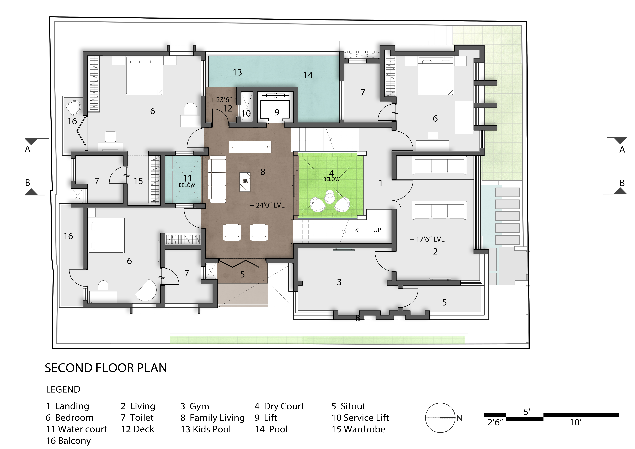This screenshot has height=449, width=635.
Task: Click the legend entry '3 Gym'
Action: tap(195, 406)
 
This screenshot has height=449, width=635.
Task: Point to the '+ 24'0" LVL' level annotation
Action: tap(267, 205)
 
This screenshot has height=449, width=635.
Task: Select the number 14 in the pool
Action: tap(308, 75)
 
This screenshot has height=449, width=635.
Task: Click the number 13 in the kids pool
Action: tap(237, 72)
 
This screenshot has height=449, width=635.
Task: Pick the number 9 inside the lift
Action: tap(277, 112)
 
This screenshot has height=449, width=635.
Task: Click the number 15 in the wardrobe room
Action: tap(138, 181)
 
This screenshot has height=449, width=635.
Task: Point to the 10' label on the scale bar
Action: tap(575, 423)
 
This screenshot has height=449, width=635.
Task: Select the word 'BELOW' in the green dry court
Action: tap(331, 179)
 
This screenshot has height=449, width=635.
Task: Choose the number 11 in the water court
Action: tap(187, 178)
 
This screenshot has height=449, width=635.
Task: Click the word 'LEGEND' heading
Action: tap(63, 390)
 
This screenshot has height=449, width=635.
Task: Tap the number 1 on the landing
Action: tap(381, 183)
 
